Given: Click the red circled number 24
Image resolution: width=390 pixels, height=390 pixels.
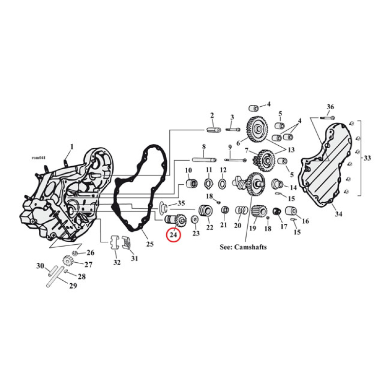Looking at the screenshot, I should (174, 234).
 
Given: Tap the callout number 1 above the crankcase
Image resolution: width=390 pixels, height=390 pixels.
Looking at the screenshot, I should (71, 146).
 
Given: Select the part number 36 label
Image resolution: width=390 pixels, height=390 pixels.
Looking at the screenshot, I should (330, 107).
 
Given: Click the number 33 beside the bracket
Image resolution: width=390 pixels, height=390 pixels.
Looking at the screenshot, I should (367, 157).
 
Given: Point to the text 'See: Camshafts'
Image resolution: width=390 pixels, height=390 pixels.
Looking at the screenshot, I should (243, 247).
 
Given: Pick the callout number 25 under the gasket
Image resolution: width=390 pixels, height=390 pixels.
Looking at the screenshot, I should (150, 244).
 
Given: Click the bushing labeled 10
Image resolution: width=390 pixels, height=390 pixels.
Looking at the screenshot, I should (191, 184).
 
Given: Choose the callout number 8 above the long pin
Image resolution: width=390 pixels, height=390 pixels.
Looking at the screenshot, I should (204, 147).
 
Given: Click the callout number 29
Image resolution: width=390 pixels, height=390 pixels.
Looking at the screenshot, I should (73, 286).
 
